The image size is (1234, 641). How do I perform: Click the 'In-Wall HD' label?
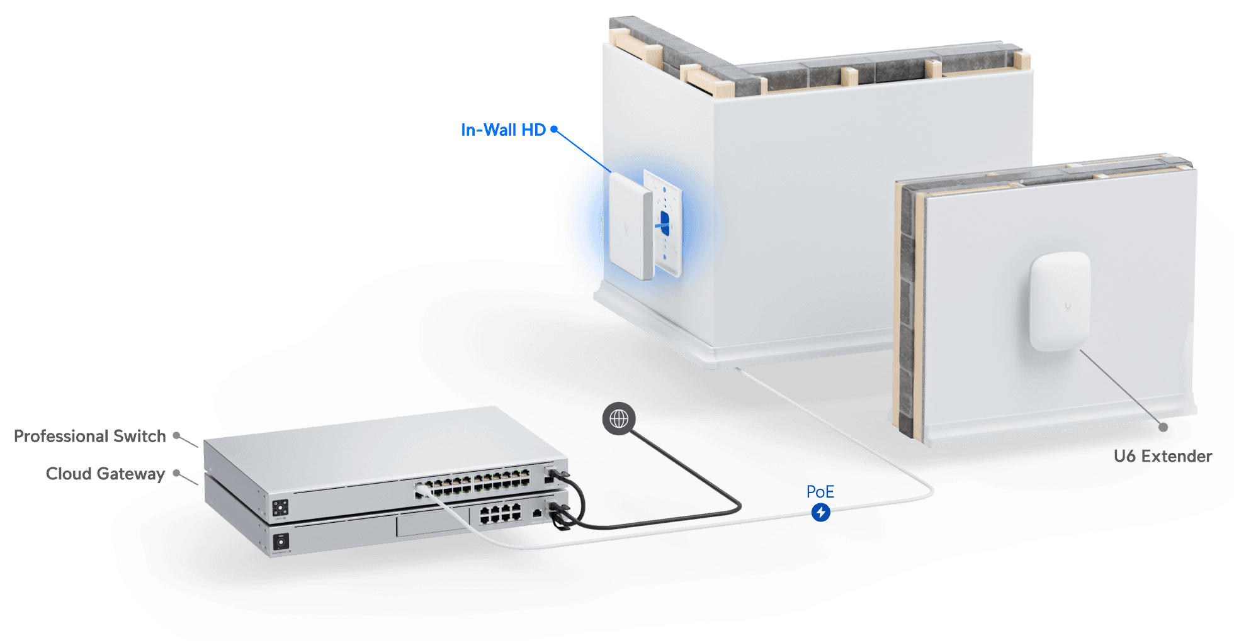pyautogui.click(x=502, y=130)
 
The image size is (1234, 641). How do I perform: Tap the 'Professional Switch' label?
pyautogui.click(x=89, y=436)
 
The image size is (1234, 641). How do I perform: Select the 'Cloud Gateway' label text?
pyautogui.click(x=105, y=474)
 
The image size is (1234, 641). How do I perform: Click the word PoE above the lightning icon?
pyautogui.click(x=820, y=492)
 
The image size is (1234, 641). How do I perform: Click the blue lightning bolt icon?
pyautogui.click(x=820, y=512)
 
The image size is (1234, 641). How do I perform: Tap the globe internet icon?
pyautogui.click(x=619, y=418)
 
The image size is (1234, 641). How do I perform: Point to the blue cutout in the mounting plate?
pyautogui.click(x=664, y=221)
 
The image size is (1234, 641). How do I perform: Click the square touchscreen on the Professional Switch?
pyautogui.click(x=280, y=508)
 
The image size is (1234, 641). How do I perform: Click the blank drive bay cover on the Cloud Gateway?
pyautogui.click(x=431, y=523)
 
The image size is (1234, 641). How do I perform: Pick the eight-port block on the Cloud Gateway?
pyautogui.click(x=501, y=514)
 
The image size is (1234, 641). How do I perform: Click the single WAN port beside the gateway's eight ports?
pyautogui.click(x=536, y=513)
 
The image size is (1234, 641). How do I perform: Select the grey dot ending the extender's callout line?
pyautogui.click(x=1163, y=427)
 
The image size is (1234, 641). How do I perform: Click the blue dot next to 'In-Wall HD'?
pyautogui.click(x=554, y=130)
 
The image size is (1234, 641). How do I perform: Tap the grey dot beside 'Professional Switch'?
pyautogui.click(x=177, y=435)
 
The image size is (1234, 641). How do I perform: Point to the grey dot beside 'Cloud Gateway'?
pyautogui.click(x=177, y=473)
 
